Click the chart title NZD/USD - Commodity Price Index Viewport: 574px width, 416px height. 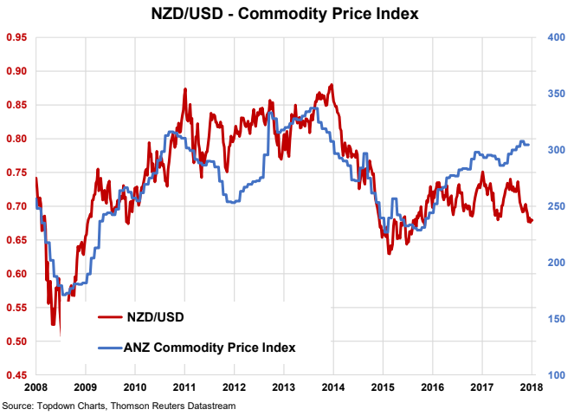pyautogui.click(x=287, y=14)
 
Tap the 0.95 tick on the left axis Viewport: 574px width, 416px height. pyautogui.click(x=17, y=37)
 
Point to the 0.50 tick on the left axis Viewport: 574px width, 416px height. pyautogui.click(x=17, y=342)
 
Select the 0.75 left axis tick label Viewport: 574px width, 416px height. pyautogui.click(x=17, y=172)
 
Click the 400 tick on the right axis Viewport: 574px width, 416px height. pyautogui.click(x=556, y=37)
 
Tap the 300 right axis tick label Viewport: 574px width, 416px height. pyautogui.click(x=556, y=150)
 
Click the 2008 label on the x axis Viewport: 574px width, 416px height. pyautogui.click(x=35, y=387)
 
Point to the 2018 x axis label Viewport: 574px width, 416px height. pyautogui.click(x=531, y=387)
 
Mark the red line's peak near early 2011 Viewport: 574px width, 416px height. pyautogui.click(x=185, y=89)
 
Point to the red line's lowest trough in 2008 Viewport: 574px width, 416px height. pyautogui.click(x=60, y=335)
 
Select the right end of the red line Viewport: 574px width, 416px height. pyautogui.click(x=532, y=220)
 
